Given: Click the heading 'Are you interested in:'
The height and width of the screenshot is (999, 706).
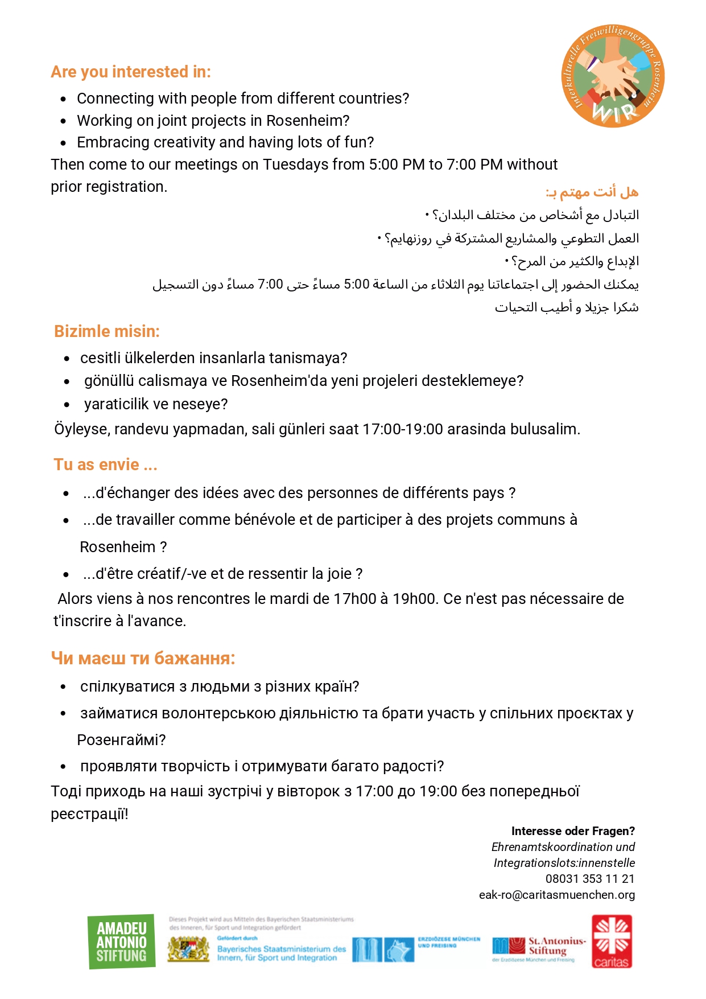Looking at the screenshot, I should pos(131,72).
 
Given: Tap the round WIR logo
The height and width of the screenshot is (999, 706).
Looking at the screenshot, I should pos(613,76).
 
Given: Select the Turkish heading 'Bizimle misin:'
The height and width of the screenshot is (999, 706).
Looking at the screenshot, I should pos(107,331).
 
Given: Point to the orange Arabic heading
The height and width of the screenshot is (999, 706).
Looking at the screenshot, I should pos(592,192).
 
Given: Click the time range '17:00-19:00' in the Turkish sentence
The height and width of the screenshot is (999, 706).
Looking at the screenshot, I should pos(403,429).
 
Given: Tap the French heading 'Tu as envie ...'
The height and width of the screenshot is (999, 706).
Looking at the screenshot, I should pos(105,465).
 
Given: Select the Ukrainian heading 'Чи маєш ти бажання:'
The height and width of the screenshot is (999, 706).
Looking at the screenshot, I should pos(143,659).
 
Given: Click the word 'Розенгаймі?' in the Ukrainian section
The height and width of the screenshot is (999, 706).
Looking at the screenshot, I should pos(121,740).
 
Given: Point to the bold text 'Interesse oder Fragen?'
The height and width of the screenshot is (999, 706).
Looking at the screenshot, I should pos(573,831).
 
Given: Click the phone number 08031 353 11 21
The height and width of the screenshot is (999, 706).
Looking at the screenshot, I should pos(590,879).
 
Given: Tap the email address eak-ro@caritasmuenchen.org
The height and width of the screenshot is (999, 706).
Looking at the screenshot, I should pos(557,895).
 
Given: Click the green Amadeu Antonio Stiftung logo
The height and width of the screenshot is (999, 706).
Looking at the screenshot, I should pos(122,942).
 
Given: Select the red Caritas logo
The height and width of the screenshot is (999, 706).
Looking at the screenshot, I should pos(612,942).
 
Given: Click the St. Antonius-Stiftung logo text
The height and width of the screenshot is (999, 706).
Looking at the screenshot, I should pos(556,945).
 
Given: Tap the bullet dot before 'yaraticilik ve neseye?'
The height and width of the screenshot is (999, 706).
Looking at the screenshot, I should pos(67,405).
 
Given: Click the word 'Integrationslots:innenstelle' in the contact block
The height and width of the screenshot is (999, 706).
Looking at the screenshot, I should pos(564,863).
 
